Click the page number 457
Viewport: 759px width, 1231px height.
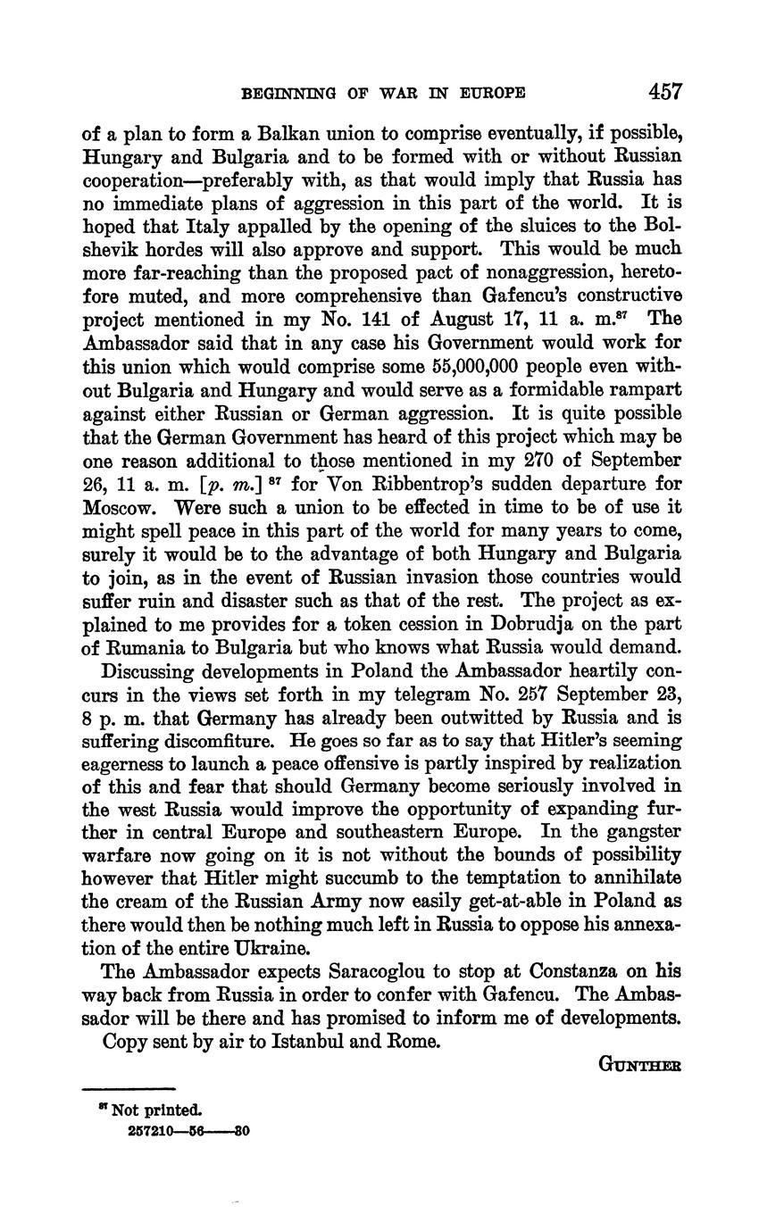pos(665,92)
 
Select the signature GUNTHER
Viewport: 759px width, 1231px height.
pos(638,1065)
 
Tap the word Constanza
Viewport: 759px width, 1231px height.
pos(582,971)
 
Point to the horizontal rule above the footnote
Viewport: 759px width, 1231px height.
pos(129,1089)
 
